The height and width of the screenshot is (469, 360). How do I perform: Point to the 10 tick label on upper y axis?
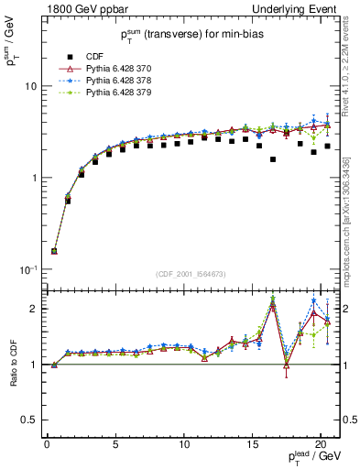point(30,85)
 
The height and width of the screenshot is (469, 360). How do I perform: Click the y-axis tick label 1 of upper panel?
point(34,178)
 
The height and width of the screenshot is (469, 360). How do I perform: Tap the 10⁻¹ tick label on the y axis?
point(29,269)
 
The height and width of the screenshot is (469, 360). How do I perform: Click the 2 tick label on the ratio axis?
point(34,309)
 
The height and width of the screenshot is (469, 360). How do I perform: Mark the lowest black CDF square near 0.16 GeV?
point(54,251)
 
